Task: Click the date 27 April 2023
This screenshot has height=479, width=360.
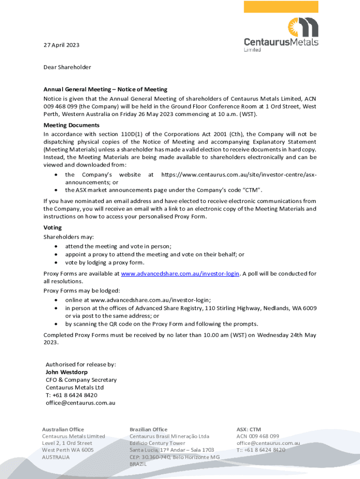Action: [61, 45]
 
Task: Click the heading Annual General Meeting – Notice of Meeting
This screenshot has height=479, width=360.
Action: [105, 89]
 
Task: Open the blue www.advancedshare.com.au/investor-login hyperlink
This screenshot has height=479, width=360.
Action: [180, 273]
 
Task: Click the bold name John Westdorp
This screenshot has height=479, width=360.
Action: [66, 372]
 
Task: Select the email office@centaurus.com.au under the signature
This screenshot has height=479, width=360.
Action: [80, 402]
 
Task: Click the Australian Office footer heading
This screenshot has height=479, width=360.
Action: [63, 429]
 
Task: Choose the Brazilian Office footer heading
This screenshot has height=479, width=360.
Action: [148, 429]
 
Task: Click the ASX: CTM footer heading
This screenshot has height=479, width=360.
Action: [249, 429]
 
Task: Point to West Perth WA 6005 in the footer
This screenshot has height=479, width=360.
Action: [68, 450]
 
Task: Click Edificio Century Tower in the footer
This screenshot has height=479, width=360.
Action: [158, 443]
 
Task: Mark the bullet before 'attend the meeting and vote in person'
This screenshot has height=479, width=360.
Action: [57, 246]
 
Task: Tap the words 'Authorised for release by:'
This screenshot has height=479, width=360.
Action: [80, 364]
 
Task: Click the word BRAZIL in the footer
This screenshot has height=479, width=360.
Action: [138, 464]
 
